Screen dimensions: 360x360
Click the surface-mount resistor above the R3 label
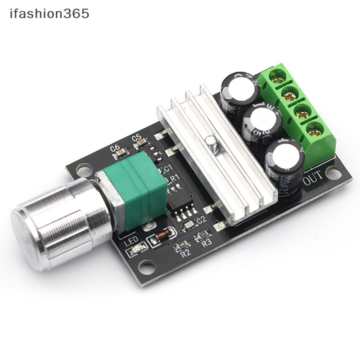(203, 235)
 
